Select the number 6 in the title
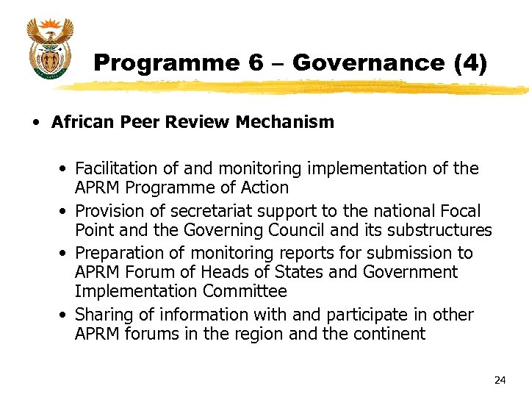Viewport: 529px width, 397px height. pos(255,63)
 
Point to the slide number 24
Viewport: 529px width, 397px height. pos(500,380)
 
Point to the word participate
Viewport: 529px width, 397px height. pos(358,314)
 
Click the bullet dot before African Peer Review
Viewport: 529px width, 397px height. pos(35,123)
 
